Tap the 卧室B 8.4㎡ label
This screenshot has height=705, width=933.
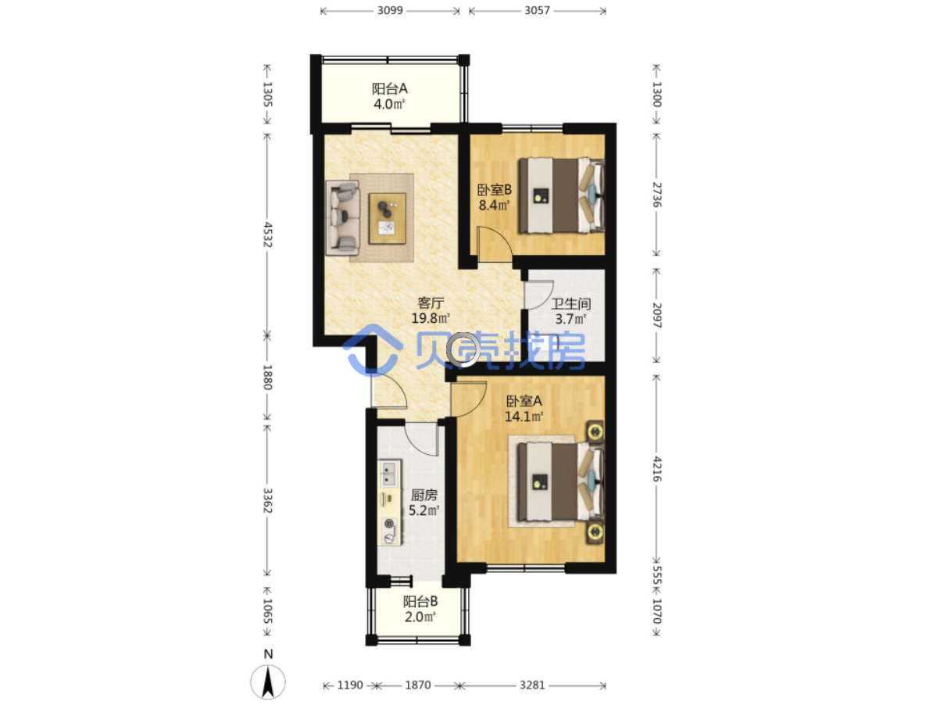tap(495, 198)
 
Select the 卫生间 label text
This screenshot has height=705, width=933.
tap(570, 304)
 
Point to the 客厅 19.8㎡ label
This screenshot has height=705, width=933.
tap(431, 310)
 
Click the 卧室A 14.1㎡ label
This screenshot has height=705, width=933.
tap(524, 409)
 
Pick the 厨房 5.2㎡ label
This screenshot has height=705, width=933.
tap(424, 503)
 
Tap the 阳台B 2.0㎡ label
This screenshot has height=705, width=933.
tap(420, 609)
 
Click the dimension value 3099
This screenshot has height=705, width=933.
tap(390, 10)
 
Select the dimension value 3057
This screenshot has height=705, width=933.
tap(537, 10)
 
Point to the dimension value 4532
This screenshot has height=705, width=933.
tap(268, 234)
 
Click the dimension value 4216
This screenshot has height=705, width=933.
tap(656, 469)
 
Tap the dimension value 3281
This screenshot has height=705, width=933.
tap(532, 685)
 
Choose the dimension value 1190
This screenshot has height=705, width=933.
tap(350, 685)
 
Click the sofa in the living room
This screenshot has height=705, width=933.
tap(343, 218)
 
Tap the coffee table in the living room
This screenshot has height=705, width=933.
tap(388, 218)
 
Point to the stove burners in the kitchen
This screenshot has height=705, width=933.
tap(390, 531)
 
